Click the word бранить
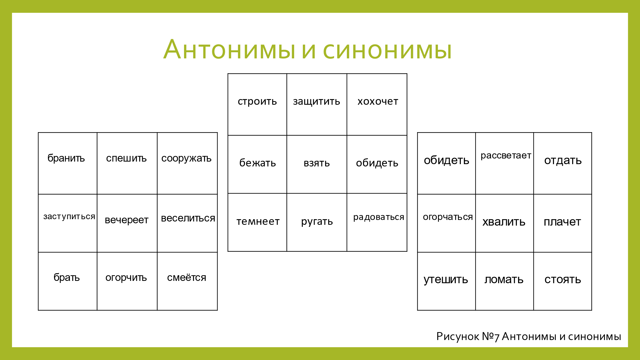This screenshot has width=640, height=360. pos(66,158)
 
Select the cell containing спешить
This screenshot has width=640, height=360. pos(127,163)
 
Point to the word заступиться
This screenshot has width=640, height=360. pos(69,217)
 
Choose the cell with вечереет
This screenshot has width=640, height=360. pos(127,223)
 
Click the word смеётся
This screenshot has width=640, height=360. pos(187,278)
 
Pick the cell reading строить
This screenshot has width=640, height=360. pos(257,104)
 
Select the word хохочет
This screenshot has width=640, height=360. pos(378,101)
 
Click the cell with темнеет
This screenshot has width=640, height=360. pos(257,222)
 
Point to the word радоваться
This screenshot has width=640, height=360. pos(379,217)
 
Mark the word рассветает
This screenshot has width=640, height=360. pos(506,156)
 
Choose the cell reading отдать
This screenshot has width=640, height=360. pos(563,163)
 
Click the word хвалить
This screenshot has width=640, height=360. pos(504,222)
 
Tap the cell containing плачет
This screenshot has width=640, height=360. pos(563,223)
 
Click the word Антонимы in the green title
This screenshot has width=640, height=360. pos(229,49)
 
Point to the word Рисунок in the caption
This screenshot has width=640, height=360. pos(458,337)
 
